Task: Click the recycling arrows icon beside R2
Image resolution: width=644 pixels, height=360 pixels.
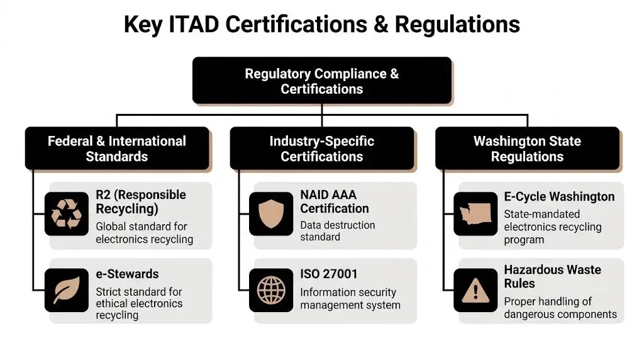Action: coord(66,213)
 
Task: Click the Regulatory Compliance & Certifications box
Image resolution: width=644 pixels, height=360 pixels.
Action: coord(322,81)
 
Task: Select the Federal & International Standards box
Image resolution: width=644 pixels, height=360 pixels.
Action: coord(117,149)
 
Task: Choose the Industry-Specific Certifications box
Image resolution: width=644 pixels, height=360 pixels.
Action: coord(322,149)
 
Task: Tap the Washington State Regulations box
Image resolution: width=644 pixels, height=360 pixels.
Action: coord(527,149)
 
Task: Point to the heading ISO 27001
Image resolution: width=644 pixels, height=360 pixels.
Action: coord(328,274)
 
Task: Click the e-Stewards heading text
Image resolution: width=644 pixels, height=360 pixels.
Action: coord(127,274)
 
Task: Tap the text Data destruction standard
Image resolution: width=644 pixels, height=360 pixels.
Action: coord(337,231)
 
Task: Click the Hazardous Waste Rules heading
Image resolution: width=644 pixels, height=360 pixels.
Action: coord(552,276)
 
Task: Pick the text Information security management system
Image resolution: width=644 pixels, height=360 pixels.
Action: coord(350,298)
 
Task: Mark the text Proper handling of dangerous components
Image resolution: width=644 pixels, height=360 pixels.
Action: coord(560,308)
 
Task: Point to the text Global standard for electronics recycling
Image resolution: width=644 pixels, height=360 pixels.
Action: coord(144,232)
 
